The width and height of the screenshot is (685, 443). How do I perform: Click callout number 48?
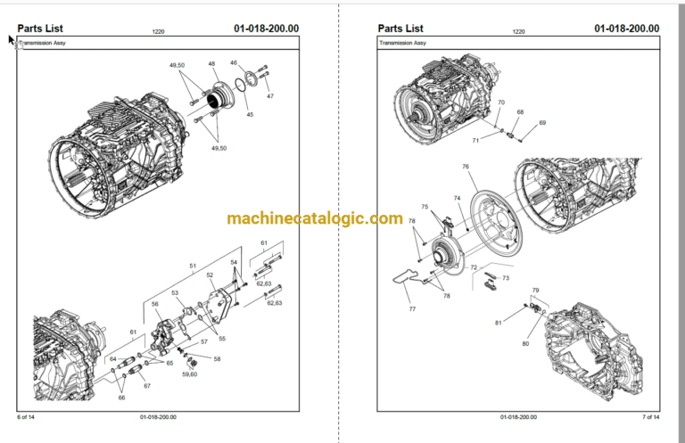pos(211,63)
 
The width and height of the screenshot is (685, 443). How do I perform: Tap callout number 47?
pos(270,96)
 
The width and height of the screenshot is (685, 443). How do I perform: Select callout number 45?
pos(250,115)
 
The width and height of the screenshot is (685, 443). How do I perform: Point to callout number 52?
pos(210,275)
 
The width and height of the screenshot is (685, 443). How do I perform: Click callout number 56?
pos(154,304)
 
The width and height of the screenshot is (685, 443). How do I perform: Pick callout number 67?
pos(147,386)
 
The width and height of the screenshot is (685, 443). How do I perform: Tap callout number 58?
pos(217,358)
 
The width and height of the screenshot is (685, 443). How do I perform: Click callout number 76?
pos(466,167)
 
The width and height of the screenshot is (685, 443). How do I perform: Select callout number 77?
pos(412,309)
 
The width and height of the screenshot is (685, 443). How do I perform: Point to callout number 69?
pos(542,123)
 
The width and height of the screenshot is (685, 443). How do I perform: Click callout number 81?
pos(498,323)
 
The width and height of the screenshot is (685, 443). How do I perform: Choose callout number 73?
pos(506,278)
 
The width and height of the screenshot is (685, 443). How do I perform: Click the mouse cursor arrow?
pos(11,40)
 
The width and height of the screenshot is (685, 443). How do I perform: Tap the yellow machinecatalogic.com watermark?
pos(315,217)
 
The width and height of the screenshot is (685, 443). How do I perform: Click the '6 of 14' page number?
pos(26,417)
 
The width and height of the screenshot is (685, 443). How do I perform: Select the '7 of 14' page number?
pos(651,417)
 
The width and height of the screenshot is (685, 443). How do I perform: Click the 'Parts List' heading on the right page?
pos(400,29)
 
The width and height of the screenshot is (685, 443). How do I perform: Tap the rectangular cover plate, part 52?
pos(220,306)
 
